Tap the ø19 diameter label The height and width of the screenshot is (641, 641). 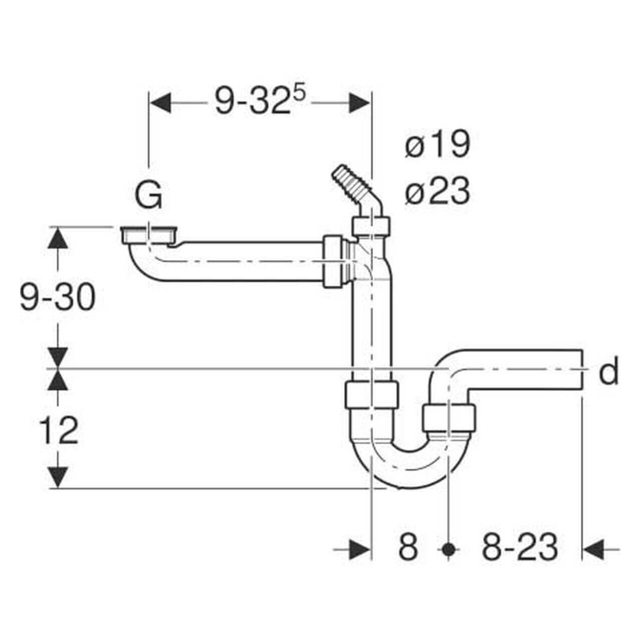(437, 145)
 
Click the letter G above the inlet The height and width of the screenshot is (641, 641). (149, 196)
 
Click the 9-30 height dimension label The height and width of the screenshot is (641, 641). (57, 298)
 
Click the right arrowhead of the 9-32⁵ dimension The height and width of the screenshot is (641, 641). (360, 103)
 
